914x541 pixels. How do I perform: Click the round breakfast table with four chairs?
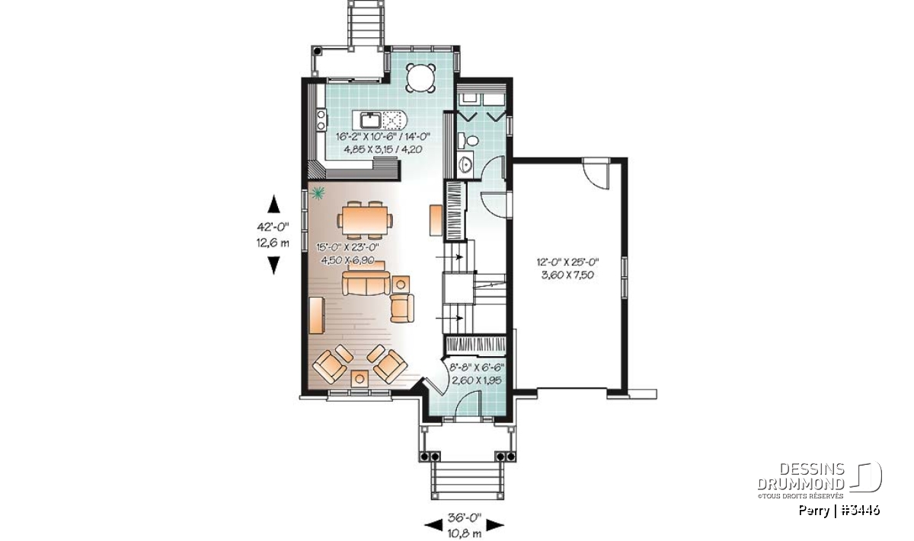pos(420,77)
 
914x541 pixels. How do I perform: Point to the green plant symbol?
pos(317,193)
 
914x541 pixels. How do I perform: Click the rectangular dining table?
pos(365,221)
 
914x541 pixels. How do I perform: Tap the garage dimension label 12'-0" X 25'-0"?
pos(567,261)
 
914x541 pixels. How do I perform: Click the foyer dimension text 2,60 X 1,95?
pos(476,380)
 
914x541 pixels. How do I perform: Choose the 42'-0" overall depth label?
pos(273,226)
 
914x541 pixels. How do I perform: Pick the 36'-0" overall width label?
pos(465,517)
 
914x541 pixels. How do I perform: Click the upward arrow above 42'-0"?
pos(273,204)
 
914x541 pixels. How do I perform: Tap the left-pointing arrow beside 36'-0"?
pos(433,526)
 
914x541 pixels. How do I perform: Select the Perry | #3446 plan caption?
pos(839,510)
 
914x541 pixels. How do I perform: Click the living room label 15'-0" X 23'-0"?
pos(347,247)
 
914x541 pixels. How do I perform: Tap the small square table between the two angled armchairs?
pos(360,378)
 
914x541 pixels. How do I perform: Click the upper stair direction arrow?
pos(449,257)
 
